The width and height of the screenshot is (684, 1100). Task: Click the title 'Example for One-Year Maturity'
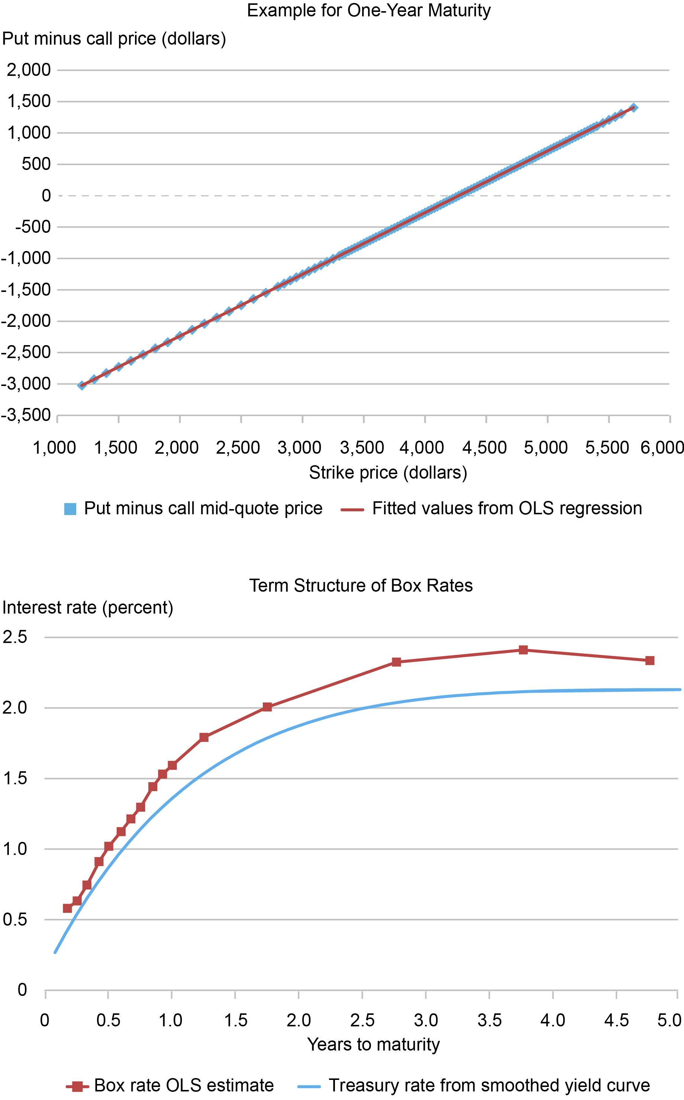(369, 10)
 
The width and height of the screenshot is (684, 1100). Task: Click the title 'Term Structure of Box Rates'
(361, 586)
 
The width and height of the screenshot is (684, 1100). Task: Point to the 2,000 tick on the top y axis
(29, 70)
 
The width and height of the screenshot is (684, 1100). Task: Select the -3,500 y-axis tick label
(25, 415)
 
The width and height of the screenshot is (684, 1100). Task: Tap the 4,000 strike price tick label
(422, 447)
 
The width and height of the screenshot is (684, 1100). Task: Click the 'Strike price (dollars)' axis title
(388, 472)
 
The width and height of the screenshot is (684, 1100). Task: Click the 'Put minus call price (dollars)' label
(114, 39)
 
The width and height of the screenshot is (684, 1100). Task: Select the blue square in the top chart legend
(70, 509)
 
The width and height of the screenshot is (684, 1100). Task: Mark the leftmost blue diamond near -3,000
(82, 386)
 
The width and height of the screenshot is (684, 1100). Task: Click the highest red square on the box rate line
(523, 650)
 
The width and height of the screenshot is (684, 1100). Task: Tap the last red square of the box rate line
(650, 661)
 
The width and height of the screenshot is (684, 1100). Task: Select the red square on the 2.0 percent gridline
(267, 707)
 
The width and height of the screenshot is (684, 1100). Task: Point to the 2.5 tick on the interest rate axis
(15, 637)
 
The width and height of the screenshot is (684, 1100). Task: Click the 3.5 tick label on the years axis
(490, 1020)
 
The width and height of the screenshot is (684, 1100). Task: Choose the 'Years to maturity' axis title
(373, 1044)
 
